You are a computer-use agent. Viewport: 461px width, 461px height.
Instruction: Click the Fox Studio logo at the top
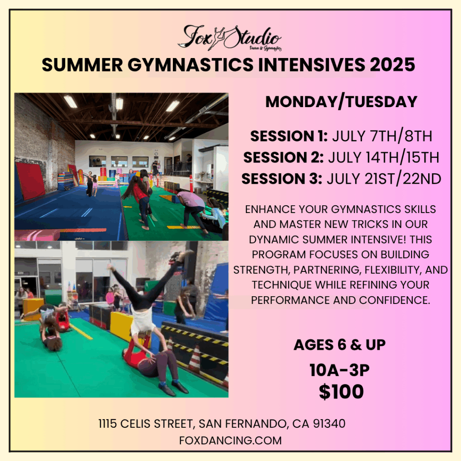pos(230,38)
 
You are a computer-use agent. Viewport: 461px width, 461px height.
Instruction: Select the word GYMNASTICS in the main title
pos(190,65)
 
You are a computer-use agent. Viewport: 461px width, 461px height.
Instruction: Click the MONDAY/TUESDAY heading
pos(341,102)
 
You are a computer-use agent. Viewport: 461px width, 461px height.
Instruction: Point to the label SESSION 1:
pos(289,136)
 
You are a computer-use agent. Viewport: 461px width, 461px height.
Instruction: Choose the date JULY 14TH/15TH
pos(384,157)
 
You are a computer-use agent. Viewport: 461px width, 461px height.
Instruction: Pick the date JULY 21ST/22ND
pos(384,179)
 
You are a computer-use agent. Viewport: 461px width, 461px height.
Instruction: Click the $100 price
pos(341,391)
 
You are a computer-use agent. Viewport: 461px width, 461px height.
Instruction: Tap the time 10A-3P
pos(339,370)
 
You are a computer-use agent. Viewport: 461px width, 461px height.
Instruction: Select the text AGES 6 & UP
pos(339,345)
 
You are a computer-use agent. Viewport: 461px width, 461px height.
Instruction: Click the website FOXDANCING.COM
pos(230,440)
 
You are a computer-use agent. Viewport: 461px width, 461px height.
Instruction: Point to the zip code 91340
pos(329,424)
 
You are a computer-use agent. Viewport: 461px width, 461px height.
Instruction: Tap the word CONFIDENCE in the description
pos(394,300)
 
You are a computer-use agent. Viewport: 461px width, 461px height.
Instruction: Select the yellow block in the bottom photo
pos(122,326)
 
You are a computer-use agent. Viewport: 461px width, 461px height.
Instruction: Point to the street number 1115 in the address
pos(108,424)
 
